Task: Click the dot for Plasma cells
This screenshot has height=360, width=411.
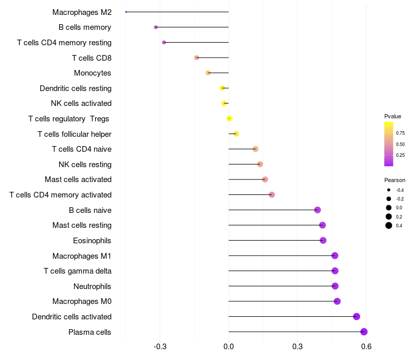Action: coord(364,332)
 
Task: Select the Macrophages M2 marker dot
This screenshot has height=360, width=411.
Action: coord(126,12)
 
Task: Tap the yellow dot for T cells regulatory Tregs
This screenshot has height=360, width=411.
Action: coord(229,119)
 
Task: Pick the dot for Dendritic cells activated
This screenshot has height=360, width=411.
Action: coord(357,317)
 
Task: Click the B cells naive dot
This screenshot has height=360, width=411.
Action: coord(317,210)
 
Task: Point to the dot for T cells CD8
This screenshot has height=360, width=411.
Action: coord(197,58)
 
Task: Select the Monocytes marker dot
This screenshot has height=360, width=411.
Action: coord(208,73)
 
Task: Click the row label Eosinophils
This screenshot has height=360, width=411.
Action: coord(92,241)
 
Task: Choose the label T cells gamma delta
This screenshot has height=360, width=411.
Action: coord(78,271)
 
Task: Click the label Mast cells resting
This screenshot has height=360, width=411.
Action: coord(82,225)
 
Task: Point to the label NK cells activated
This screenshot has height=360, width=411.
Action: coord(81,103)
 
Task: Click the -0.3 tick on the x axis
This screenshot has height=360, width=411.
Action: coord(160,347)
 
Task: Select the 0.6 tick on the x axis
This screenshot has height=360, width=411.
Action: coord(366,347)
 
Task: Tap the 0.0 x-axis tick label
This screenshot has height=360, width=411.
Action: coord(229,347)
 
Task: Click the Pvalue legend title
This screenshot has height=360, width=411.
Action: coord(393,116)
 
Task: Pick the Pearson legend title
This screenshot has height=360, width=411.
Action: coord(395,181)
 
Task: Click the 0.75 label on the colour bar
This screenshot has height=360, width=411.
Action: coord(400,133)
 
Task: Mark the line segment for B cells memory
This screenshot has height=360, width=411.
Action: coord(193,27)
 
